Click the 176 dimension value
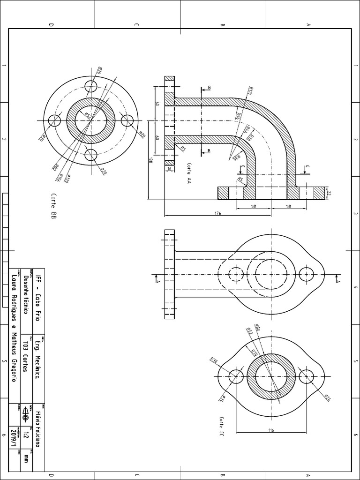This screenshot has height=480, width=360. [x=217, y=213]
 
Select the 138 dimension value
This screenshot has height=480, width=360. [x=151, y=160]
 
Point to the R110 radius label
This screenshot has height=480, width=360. [x=250, y=90]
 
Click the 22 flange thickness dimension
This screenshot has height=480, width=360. [x=329, y=193]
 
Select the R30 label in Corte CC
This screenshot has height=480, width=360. [x=214, y=361]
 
